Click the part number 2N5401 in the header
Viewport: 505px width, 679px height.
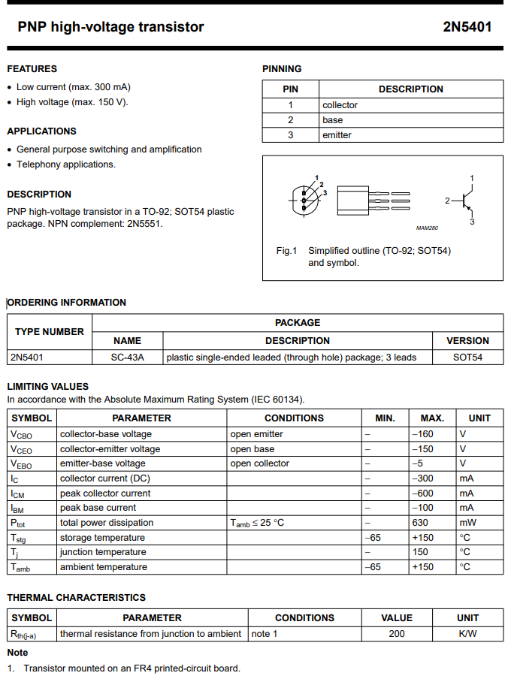pyautogui.click(x=467, y=27)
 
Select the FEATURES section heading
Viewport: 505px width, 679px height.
pyautogui.click(x=32, y=68)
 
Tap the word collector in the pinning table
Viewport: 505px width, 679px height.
pyautogui.click(x=340, y=105)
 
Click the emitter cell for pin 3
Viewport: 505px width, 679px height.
pyautogui.click(x=337, y=135)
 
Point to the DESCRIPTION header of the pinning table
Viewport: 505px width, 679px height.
pyautogui.click(x=410, y=89)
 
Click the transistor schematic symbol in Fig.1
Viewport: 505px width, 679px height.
pyautogui.click(x=464, y=201)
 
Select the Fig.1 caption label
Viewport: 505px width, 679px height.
pyautogui.click(x=287, y=251)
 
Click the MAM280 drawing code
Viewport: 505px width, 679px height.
pyautogui.click(x=426, y=228)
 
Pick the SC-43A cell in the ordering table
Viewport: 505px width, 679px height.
pyautogui.click(x=127, y=358)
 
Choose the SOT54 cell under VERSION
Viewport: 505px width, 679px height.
pyautogui.click(x=467, y=358)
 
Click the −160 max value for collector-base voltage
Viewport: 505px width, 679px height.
pyautogui.click(x=423, y=434)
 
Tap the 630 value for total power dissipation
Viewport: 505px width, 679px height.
pyautogui.click(x=419, y=523)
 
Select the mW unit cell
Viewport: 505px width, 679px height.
pyautogui.click(x=467, y=523)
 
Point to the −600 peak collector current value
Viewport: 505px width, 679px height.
pyautogui.click(x=423, y=493)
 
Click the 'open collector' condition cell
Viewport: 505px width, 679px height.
pyautogui.click(x=259, y=463)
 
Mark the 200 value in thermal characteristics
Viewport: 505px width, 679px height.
pyautogui.click(x=397, y=634)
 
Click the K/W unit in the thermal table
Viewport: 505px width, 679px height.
pyautogui.click(x=467, y=634)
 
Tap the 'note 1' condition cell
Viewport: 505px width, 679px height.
pyautogui.click(x=265, y=634)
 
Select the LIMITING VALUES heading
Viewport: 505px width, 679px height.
pyautogui.click(x=47, y=387)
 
